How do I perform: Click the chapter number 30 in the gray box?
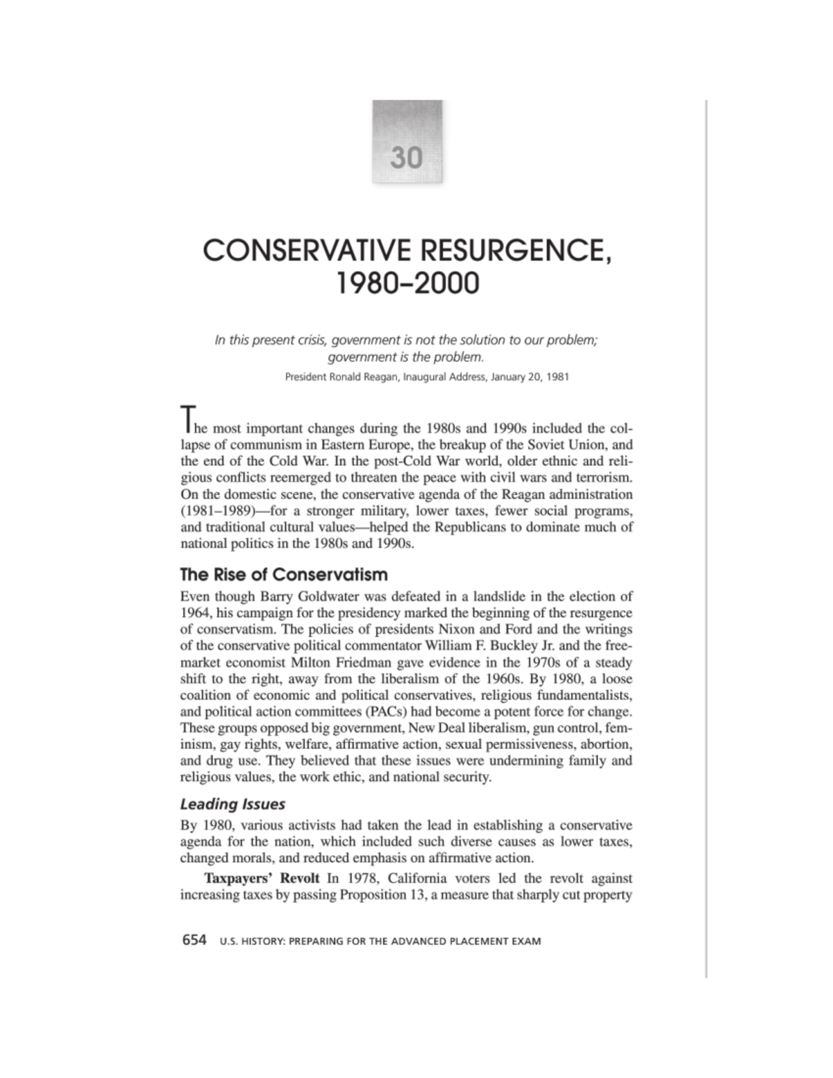(x=407, y=158)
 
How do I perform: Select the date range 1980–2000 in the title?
(x=407, y=283)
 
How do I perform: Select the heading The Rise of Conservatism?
(x=283, y=575)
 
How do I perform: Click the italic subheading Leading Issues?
(x=233, y=805)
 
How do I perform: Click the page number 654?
(x=194, y=941)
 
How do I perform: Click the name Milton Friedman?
(x=317, y=663)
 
